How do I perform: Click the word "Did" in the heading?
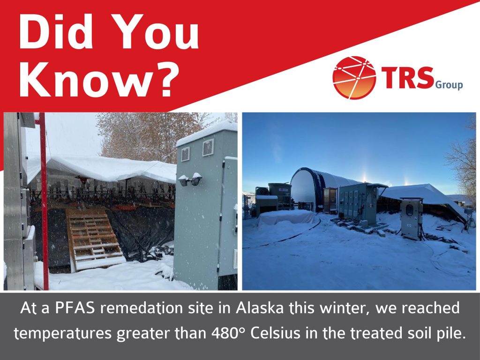(56, 31)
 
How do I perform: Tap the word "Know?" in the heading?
(99, 79)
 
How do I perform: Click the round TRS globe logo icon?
(354, 78)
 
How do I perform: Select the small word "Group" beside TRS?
(449, 84)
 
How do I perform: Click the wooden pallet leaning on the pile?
(96, 239)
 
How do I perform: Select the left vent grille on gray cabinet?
(185, 154)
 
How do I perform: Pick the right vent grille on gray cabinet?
(208, 147)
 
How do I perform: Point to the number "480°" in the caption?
(229, 333)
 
